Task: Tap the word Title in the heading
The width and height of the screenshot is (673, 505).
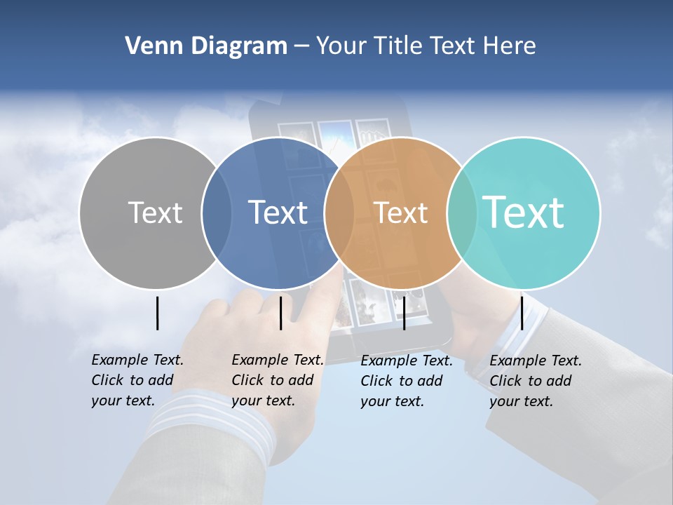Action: (x=397, y=46)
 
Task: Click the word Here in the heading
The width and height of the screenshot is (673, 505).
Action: (x=510, y=46)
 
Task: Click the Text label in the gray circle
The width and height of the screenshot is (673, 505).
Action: (x=155, y=213)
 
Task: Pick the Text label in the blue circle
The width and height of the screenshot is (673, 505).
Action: (x=278, y=213)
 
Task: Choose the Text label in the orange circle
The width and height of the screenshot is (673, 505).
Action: (x=400, y=213)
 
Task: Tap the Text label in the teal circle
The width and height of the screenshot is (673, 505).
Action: (x=523, y=213)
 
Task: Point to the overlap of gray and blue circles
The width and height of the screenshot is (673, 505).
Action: (x=217, y=213)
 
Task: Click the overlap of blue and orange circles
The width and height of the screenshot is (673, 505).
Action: (x=339, y=213)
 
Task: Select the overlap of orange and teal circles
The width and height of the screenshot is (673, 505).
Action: (x=461, y=213)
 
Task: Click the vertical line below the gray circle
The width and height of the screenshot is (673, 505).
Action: (x=157, y=313)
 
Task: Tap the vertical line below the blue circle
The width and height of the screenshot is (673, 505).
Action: (x=280, y=313)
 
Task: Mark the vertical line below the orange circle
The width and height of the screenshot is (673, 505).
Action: (x=404, y=313)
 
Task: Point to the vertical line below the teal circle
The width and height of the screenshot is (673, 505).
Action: (x=522, y=313)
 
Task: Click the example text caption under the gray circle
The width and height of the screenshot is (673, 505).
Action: (x=137, y=380)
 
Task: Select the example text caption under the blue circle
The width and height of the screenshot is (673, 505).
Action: (x=277, y=380)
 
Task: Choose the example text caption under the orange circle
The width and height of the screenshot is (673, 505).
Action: (x=406, y=381)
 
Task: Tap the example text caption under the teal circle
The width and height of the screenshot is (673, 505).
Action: (x=535, y=381)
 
